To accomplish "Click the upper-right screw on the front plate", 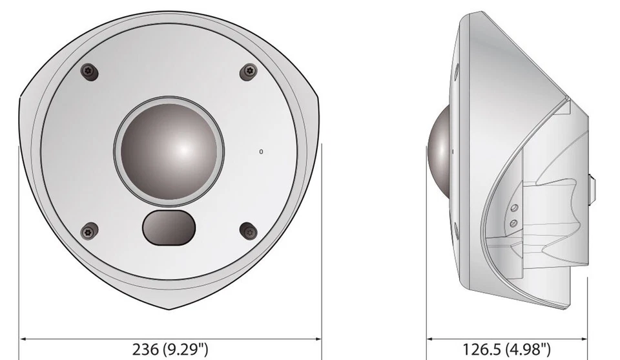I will coord(248,72).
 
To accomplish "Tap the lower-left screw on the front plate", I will coord(90,229).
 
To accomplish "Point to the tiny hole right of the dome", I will coord(261,151).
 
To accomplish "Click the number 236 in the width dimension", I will coord(145,350).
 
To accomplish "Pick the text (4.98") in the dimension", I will coord(526,350).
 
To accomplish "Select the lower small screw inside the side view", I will coord(513,222).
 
